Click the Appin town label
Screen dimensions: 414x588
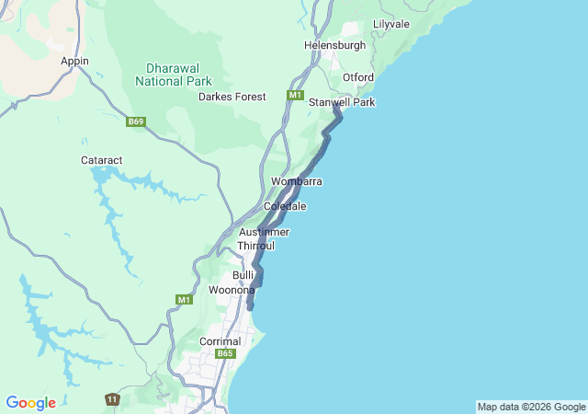pos(74,61)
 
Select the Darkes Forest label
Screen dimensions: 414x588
pos(232,97)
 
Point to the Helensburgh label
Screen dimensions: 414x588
pos(334,45)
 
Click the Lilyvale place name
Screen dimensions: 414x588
pos(391,24)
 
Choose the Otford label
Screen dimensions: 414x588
pos(358,76)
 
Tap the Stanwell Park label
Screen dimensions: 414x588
pos(342,102)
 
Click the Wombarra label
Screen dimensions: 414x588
pos(296,182)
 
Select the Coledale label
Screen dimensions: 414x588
pos(285,206)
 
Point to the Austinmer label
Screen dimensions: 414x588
pos(264,232)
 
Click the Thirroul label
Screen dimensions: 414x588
pos(256,246)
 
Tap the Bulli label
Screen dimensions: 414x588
pos(243,275)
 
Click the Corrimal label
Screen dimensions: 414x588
pos(220,341)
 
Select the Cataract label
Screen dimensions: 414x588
pos(101,159)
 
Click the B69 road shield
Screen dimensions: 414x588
pos(137,121)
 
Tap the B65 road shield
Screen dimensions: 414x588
pos(226,353)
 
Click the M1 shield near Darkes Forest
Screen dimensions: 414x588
pos(295,96)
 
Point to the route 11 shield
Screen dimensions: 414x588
pos(112,399)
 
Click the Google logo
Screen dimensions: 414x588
pos(30,403)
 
